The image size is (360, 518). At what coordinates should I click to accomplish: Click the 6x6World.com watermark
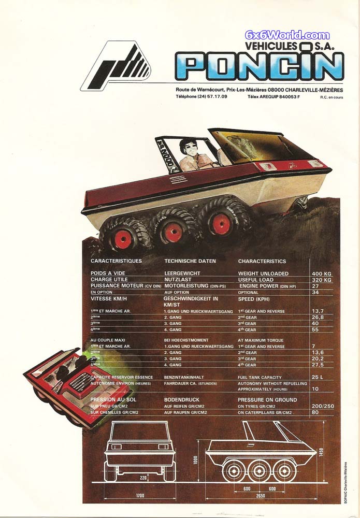pyautogui.click(x=287, y=36)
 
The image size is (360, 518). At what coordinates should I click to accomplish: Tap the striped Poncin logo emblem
pyautogui.click(x=117, y=66)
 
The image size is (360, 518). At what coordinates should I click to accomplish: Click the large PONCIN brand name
pyautogui.click(x=259, y=66)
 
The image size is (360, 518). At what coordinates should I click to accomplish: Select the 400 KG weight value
pyautogui.click(x=321, y=274)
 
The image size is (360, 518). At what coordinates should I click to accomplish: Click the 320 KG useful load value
pyautogui.click(x=321, y=280)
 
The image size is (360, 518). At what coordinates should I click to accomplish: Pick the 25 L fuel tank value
pyautogui.click(x=318, y=377)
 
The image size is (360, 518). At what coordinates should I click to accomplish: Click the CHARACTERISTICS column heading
pyautogui.click(x=262, y=261)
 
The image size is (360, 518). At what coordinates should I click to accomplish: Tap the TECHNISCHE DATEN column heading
pyautogui.click(x=190, y=261)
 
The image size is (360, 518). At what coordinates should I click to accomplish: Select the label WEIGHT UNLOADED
pyautogui.click(x=263, y=274)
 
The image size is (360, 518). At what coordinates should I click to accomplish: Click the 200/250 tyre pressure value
pyautogui.click(x=321, y=406)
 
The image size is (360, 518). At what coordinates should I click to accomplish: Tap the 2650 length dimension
pyautogui.click(x=260, y=496)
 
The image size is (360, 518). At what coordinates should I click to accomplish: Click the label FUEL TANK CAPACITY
pyautogui.click(x=260, y=377)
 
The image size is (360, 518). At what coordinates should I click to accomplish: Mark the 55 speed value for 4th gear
pyautogui.click(x=315, y=329)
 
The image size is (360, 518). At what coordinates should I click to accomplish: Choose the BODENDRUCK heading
pyautogui.click(x=182, y=400)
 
